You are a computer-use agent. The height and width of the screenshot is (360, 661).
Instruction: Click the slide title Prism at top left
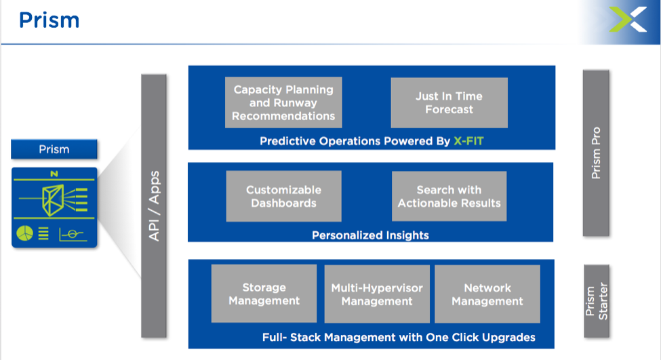tap(49, 20)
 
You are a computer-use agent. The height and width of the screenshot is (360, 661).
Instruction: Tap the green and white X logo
tap(628, 20)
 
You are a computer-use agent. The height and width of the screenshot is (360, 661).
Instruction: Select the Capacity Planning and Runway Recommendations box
tap(283, 102)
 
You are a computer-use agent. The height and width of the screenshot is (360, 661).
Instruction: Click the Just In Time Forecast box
tap(449, 102)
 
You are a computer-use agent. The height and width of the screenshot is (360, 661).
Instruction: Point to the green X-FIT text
tap(468, 141)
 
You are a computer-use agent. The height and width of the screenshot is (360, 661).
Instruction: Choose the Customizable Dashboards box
tap(283, 196)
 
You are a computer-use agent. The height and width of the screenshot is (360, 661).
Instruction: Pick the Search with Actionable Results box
tap(449, 196)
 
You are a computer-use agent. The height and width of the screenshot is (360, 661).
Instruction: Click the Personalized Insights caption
tap(370, 235)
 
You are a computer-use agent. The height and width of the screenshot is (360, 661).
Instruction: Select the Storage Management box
tap(264, 294)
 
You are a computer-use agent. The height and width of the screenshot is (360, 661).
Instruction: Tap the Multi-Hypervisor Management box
tap(377, 294)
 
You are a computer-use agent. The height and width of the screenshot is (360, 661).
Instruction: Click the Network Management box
tap(487, 294)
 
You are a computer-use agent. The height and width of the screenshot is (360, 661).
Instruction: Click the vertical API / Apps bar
tap(154, 205)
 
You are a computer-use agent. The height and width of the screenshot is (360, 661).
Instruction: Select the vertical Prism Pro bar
tap(596, 153)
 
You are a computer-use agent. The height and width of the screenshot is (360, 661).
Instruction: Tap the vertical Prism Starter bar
tap(597, 301)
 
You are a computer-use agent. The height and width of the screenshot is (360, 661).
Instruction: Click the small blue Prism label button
tap(54, 149)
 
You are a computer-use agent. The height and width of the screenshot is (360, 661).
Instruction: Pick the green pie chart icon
tap(24, 233)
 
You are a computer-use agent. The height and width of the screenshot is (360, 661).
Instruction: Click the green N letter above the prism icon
tap(54, 174)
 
